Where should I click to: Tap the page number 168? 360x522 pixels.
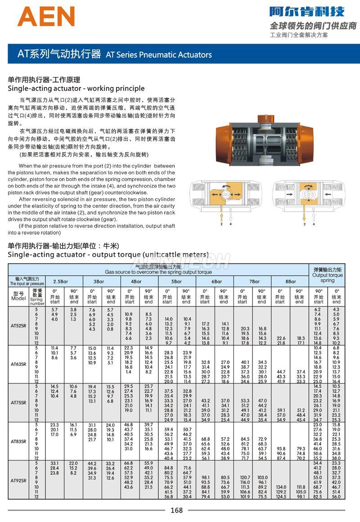[176, 510]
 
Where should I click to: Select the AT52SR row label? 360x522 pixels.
[18, 325]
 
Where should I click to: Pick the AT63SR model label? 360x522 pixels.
[18, 364]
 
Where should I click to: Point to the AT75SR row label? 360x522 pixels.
[18, 402]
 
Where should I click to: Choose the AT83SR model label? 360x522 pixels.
[18, 440]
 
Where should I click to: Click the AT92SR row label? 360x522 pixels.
[18, 480]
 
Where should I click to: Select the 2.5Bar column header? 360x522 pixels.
[63, 281]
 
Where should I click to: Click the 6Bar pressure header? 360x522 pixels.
[214, 281]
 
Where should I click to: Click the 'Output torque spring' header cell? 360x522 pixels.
[327, 275]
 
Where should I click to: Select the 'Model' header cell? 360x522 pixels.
[18, 296]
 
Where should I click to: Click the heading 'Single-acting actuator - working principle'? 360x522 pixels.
[76, 88]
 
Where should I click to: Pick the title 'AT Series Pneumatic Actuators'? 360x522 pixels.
[158, 55]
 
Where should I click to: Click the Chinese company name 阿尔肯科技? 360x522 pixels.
[307, 11]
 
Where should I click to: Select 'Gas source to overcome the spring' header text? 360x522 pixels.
[158, 272]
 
